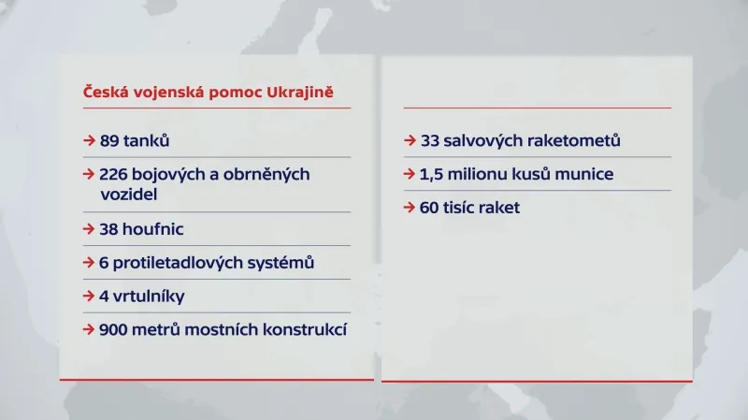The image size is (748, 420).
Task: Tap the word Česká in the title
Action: pyautogui.click(x=105, y=93)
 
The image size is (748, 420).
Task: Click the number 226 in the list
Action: pyautogui.click(x=115, y=175)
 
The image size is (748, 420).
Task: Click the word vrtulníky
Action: pyautogui.click(x=148, y=297)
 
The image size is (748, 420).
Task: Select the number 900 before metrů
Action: pyautogui.click(x=116, y=329)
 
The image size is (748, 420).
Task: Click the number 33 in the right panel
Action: pyautogui.click(x=430, y=141)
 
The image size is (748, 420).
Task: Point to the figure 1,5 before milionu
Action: pyautogui.click(x=431, y=174)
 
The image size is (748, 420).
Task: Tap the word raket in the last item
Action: pyautogui.click(x=498, y=208)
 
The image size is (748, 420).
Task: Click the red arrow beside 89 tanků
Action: pyautogui.click(x=88, y=141)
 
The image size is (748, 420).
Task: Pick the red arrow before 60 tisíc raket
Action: pyautogui.click(x=410, y=208)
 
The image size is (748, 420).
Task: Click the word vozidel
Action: pyautogui.click(x=129, y=195)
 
